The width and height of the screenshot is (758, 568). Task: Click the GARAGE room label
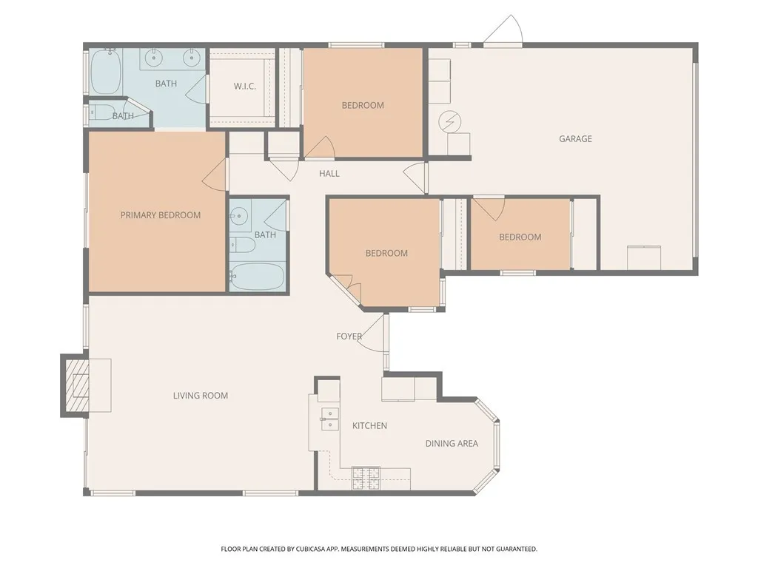point(575,139)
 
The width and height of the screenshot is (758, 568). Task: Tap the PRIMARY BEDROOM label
point(161,215)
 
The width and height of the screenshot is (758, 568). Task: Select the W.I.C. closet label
point(245,87)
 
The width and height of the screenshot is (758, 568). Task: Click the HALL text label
point(329,174)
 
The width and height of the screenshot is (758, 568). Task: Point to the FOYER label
point(349,337)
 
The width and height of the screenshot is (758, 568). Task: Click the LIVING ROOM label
point(201,396)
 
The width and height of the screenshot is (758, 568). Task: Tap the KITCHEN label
point(369,426)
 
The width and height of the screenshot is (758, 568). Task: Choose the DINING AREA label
point(452,444)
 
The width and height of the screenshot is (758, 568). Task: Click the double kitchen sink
point(329,419)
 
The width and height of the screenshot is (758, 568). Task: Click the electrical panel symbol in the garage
point(449,121)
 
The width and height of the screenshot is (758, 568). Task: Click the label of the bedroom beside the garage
point(520,237)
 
